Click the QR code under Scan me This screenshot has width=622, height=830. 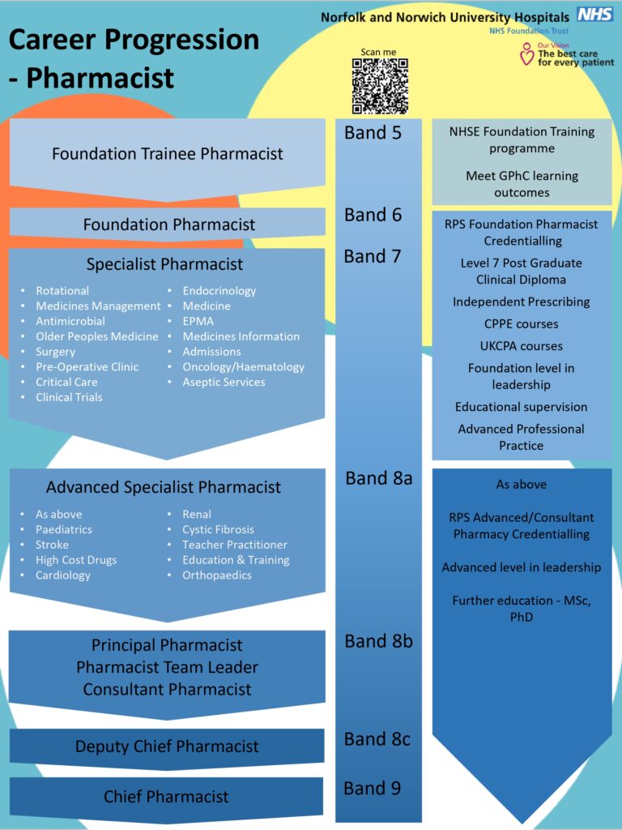[x=379, y=86]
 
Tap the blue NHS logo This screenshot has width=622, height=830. [x=594, y=14]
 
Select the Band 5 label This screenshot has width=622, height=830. [x=373, y=133]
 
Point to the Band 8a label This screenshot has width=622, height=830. [x=379, y=478]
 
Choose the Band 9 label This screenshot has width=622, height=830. [x=373, y=788]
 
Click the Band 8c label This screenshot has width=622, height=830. [x=377, y=739]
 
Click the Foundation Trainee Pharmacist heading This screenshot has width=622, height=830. [x=168, y=153]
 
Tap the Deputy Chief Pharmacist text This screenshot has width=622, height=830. [x=167, y=747]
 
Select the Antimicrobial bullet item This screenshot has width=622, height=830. [x=70, y=321]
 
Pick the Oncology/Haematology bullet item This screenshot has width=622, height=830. [x=243, y=367]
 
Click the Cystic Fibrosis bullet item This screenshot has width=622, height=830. [x=218, y=529]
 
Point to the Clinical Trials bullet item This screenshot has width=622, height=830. [x=69, y=397]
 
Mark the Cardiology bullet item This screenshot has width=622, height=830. [x=63, y=575]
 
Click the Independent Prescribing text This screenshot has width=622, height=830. [x=522, y=302]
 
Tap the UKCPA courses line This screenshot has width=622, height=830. [x=522, y=346]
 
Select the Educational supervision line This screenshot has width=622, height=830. [x=522, y=407]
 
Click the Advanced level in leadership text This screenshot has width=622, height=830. [x=522, y=567]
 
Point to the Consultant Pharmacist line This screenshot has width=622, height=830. [x=168, y=690]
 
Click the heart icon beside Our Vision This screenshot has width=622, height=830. [x=526, y=55]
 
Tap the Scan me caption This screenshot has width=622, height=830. [x=379, y=52]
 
